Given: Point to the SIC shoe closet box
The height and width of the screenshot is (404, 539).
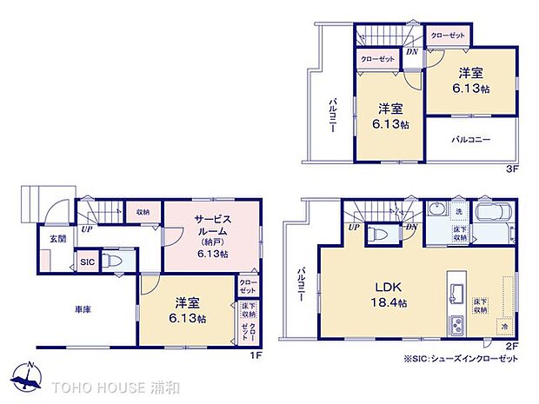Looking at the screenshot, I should [87, 262].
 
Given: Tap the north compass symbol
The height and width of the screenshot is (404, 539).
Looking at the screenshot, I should [29, 376].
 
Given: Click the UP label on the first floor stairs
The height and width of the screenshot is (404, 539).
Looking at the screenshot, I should [87, 230].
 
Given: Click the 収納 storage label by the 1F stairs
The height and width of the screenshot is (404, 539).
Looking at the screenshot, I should [142, 211].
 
